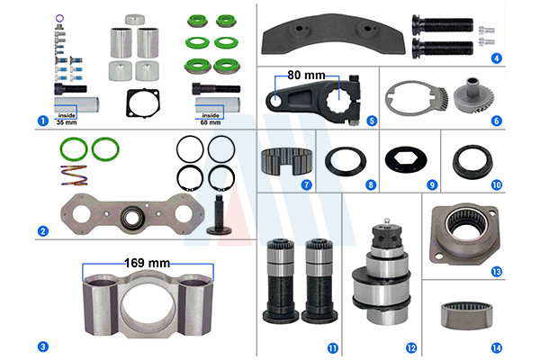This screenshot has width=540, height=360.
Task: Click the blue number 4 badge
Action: pos(496,58)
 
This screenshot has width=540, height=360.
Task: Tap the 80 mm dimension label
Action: pos(306,75)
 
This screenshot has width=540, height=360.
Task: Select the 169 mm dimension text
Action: pos(147,263)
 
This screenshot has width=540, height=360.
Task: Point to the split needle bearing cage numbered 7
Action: pos(286,161)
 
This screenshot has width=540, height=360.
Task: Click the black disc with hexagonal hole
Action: pos(406,160)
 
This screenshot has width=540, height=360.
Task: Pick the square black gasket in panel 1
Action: pos(143,103)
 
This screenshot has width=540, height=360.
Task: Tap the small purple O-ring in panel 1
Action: pos(59,18)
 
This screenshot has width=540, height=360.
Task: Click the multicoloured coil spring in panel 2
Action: pos(74,175)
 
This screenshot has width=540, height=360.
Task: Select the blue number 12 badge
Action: pos(411,348)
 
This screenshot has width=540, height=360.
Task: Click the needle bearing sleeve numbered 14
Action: pos(466,315)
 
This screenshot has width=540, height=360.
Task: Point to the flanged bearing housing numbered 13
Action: pos(464,234)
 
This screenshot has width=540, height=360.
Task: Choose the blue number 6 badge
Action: pos(496,121)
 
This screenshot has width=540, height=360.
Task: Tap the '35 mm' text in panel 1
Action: pos(67,122)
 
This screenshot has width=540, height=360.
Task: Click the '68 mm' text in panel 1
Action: pos(211,122)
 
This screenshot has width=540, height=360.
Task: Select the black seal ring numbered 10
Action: pos(472,162)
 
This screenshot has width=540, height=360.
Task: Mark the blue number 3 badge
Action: pos(42,346)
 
